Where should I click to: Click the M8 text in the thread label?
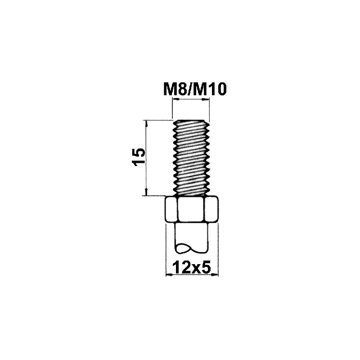(175, 89)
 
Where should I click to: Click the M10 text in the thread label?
(209, 89)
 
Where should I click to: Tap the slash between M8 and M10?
(189, 89)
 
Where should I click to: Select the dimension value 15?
(139, 157)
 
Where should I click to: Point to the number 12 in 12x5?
(182, 267)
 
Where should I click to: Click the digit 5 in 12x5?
(207, 267)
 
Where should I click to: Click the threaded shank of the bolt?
(191, 158)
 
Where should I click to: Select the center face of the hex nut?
(191, 209)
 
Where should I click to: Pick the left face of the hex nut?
(171, 209)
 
